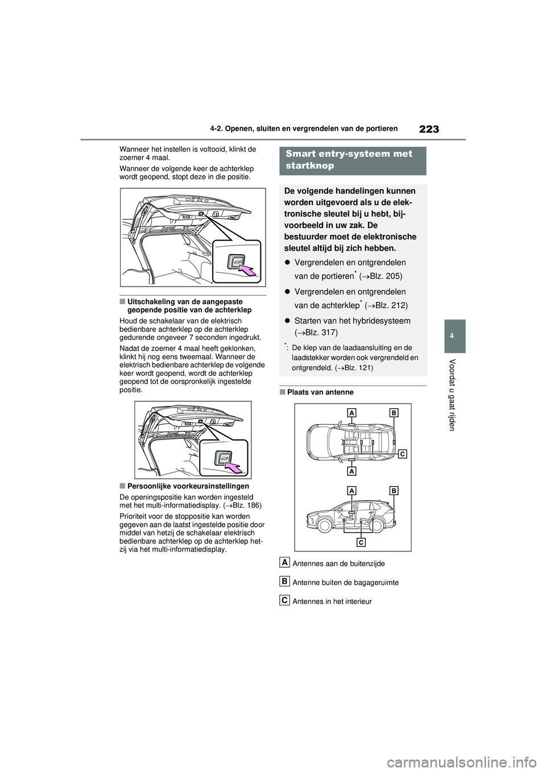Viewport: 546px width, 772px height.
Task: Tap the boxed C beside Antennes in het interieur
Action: tap(284, 599)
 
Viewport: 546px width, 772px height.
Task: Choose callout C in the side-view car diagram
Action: tap(361, 542)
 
